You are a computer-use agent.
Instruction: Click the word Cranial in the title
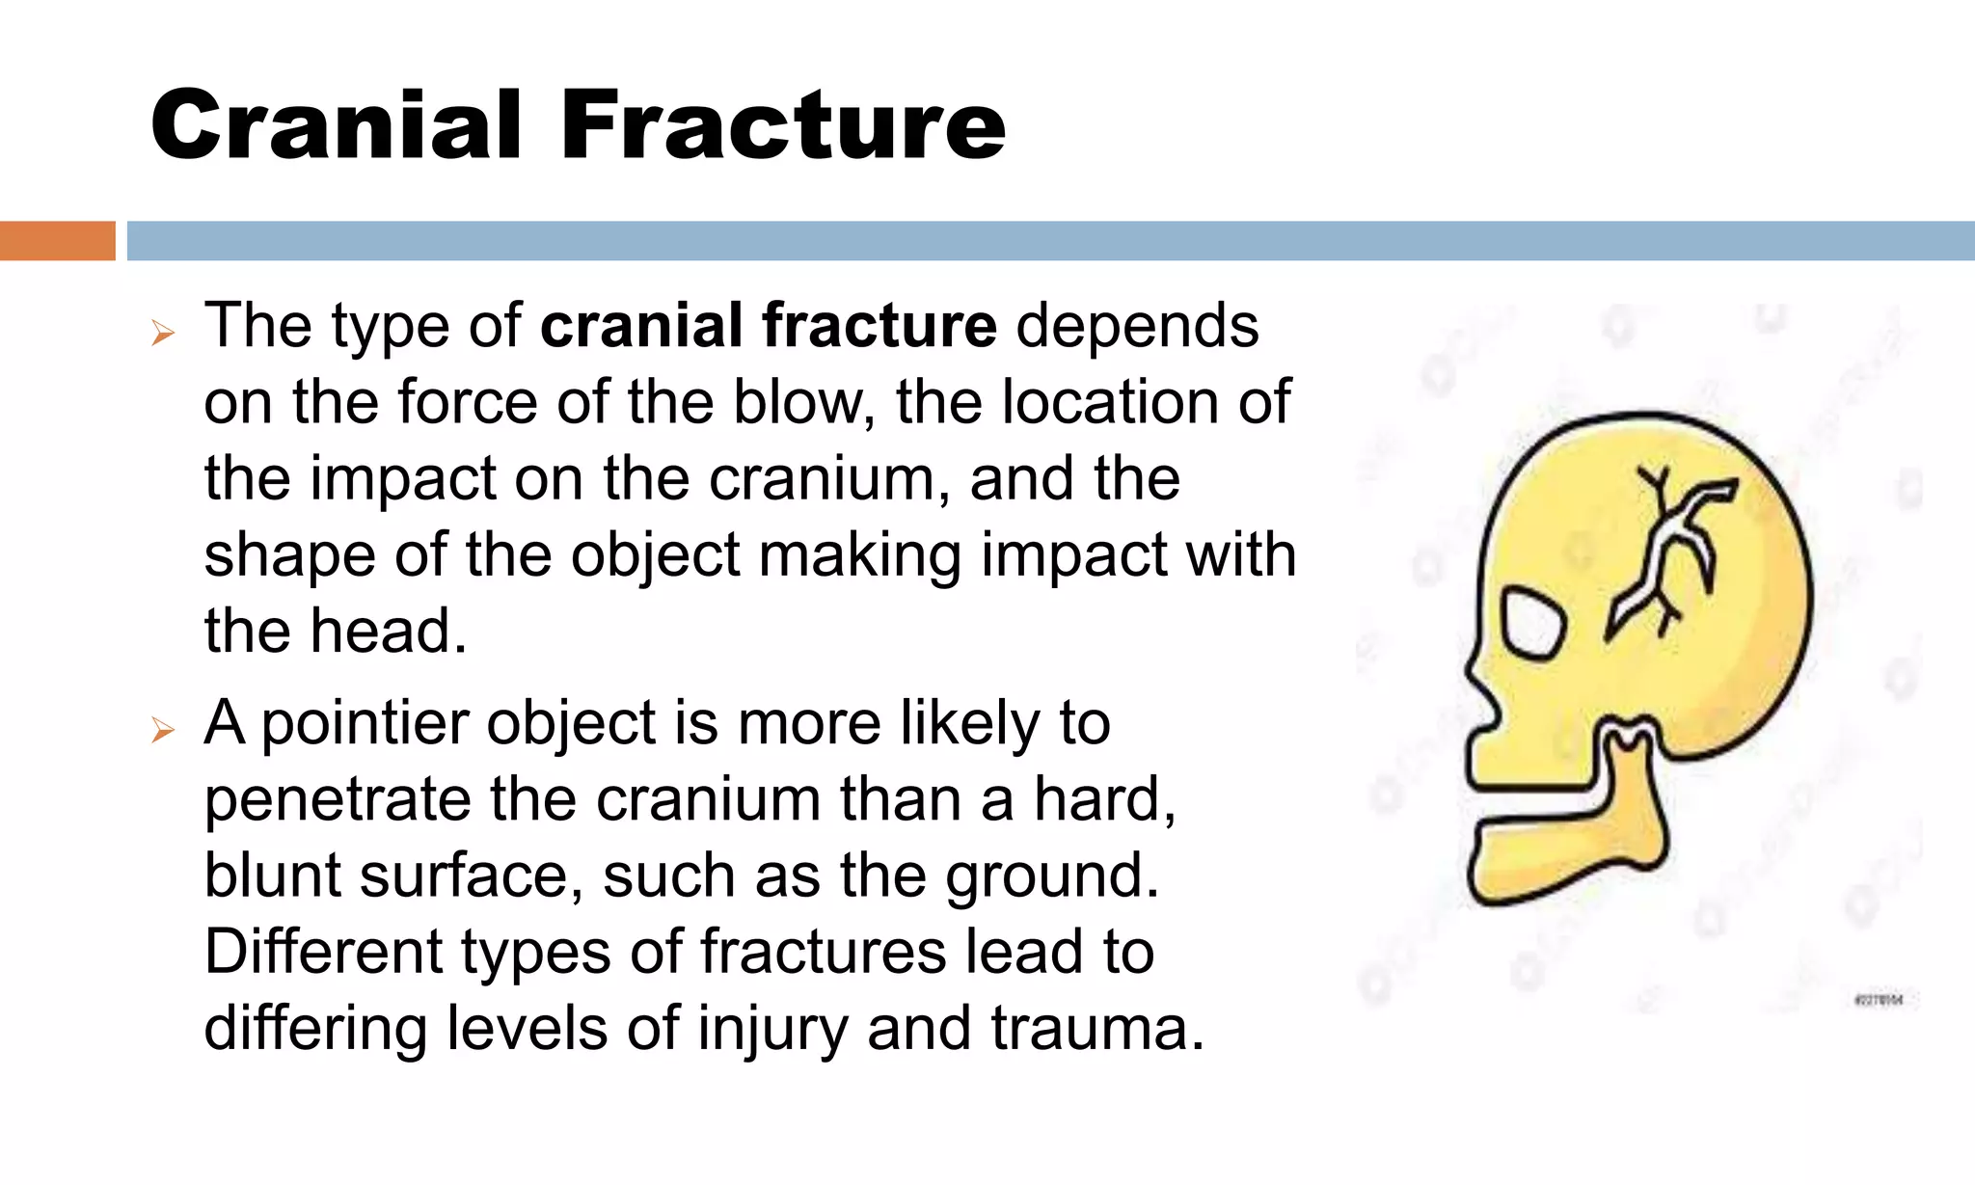tap(337, 125)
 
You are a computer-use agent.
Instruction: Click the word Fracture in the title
tap(783, 125)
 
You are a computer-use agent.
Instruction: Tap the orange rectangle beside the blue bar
tap(57, 241)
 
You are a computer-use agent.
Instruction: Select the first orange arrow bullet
tap(163, 334)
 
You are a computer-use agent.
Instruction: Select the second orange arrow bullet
tap(163, 731)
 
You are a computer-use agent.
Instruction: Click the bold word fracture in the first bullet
tap(879, 326)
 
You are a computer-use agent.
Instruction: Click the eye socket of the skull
tap(1531, 623)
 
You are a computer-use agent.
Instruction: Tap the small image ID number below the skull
tap(1878, 1000)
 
